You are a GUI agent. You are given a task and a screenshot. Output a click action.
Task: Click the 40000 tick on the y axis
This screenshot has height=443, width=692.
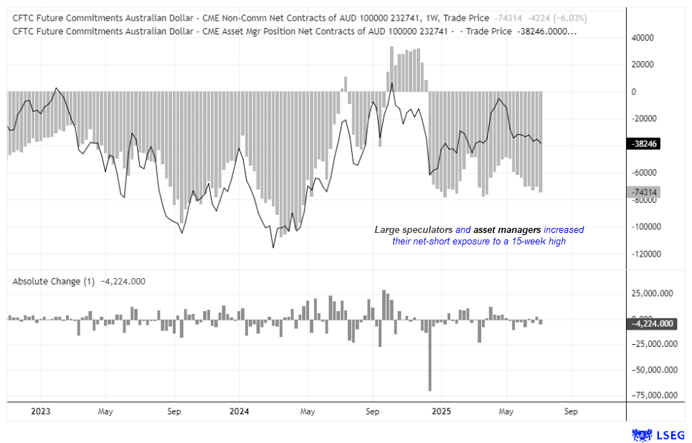pos(643,37)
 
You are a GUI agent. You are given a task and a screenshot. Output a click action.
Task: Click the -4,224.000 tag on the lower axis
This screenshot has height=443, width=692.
pos(653,323)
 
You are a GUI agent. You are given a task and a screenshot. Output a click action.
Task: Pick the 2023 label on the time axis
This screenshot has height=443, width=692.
pos(40,411)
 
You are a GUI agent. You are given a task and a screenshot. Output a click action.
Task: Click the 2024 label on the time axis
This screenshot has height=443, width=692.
pos(239,411)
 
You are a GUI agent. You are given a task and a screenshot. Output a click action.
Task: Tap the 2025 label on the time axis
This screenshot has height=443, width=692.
pos(440,411)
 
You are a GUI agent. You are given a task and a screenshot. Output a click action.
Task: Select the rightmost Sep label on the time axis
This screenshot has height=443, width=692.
pos(571,411)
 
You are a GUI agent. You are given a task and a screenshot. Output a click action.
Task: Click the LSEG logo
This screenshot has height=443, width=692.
pos(658,434)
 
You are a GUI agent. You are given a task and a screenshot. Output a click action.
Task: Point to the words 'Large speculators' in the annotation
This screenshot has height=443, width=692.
pos(413,230)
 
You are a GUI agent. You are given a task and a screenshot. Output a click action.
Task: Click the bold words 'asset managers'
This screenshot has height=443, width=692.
pos(506,230)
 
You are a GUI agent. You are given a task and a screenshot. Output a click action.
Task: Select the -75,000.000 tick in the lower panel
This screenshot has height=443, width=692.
pos(653,395)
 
